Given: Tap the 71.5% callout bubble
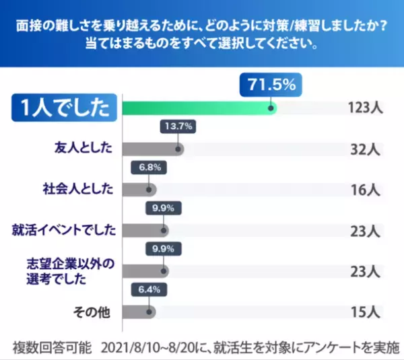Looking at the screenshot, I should pyautogui.click(x=271, y=86).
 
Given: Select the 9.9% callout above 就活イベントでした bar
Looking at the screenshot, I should pyautogui.click(x=163, y=208).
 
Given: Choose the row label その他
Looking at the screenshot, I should pyautogui.click(x=94, y=312).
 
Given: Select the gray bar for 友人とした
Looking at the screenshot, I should pyautogui.click(x=151, y=149).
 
